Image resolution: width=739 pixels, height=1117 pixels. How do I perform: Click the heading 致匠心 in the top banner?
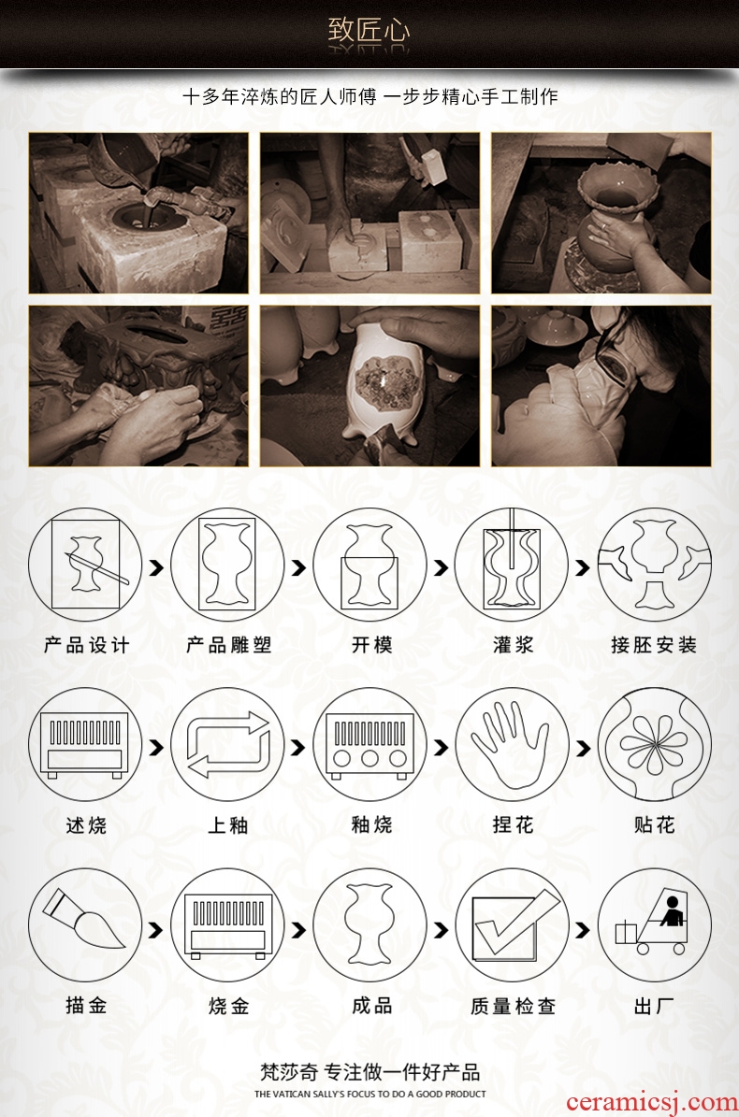pyautogui.click(x=369, y=31)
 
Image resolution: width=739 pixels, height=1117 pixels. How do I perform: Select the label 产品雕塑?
pyautogui.click(x=228, y=645)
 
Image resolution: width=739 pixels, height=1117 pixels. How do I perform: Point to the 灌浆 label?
pyautogui.click(x=513, y=645)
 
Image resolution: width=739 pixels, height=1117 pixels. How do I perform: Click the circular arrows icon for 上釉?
pyautogui.click(x=228, y=745)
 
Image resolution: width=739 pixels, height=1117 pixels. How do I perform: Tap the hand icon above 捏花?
pyautogui.click(x=513, y=745)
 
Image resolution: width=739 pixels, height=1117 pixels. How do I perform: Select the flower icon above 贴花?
pyautogui.click(x=654, y=745)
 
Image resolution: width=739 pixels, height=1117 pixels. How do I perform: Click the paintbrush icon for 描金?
pyautogui.click(x=85, y=924)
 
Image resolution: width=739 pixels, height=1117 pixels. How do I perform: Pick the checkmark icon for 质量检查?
pyautogui.click(x=513, y=924)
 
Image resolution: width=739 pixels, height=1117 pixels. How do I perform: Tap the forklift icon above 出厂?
pyautogui.click(x=654, y=924)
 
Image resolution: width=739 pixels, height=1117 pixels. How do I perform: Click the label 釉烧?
pyautogui.click(x=371, y=825)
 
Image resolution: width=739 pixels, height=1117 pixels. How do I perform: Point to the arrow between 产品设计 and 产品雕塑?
pyautogui.click(x=156, y=567)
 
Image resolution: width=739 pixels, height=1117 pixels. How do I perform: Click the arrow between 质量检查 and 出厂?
pyautogui.click(x=583, y=930)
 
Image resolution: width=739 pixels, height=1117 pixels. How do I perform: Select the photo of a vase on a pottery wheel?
pyautogui.click(x=601, y=213)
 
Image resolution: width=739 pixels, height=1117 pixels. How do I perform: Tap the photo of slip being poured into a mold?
pyautogui.click(x=138, y=213)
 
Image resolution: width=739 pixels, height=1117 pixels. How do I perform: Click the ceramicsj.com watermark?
pyautogui.click(x=651, y=1102)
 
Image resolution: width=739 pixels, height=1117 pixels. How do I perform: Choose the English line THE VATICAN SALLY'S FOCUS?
pyautogui.click(x=369, y=1094)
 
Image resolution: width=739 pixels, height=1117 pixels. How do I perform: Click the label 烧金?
pyautogui.click(x=229, y=1006)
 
